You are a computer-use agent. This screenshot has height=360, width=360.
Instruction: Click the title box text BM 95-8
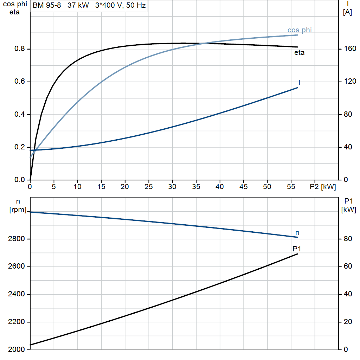47,5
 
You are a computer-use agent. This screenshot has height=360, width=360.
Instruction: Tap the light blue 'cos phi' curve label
300,30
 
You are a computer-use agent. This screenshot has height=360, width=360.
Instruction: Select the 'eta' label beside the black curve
300,53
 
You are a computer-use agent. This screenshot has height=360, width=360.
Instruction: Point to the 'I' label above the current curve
300,82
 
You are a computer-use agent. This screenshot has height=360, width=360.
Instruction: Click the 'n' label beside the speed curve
297,233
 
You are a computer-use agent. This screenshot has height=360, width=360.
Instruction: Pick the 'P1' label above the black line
297,249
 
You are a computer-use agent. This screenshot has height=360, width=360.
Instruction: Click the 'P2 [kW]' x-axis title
323,187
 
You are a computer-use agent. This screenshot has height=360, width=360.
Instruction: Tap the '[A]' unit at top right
347,12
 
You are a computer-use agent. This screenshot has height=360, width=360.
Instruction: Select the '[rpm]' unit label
18,210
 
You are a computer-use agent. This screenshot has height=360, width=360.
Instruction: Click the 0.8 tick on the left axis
20,49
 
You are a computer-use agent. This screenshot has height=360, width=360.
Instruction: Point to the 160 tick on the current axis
350,49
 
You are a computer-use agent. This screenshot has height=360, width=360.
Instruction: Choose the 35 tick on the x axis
196,187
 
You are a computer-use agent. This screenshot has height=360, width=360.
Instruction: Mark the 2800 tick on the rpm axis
16,239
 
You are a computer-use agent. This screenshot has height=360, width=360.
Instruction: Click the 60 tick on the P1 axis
348,266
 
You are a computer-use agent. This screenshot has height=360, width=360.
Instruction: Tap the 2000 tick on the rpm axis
16,349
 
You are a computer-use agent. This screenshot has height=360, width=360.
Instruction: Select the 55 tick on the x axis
291,187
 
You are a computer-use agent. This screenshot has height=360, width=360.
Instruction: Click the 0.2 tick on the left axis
20,147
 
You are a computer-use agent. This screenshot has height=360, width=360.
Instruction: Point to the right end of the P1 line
297,254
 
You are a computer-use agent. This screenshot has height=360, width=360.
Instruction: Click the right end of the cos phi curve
297,35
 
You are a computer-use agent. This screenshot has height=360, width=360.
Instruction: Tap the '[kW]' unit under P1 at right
348,210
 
